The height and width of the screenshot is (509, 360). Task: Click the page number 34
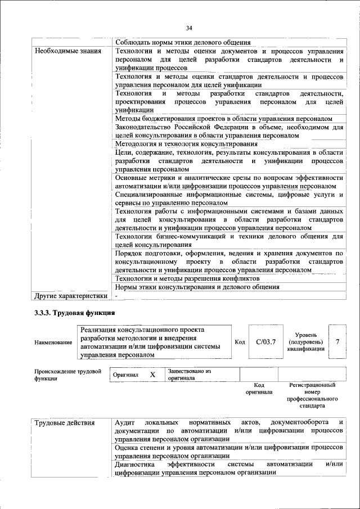coord(189,28)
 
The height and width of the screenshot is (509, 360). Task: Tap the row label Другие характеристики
coord(70,296)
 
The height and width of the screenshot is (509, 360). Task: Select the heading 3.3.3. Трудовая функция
coord(74,313)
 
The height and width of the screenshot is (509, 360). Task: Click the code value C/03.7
coord(265,342)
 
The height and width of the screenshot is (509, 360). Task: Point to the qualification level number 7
coord(337,342)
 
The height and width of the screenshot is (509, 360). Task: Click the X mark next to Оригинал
coord(152,375)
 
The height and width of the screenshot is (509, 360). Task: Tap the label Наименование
coord(53,343)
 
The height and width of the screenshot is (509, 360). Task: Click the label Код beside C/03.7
coord(240,342)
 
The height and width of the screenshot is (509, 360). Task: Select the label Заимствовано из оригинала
coord(188,375)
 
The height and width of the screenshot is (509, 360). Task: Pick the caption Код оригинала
coord(259,389)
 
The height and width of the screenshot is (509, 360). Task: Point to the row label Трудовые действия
coord(65,422)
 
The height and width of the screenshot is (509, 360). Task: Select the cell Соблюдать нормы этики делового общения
coord(183,43)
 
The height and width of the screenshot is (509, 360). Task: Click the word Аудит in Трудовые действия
coord(124,422)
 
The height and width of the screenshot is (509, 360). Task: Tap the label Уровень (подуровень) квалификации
coord(305,342)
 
